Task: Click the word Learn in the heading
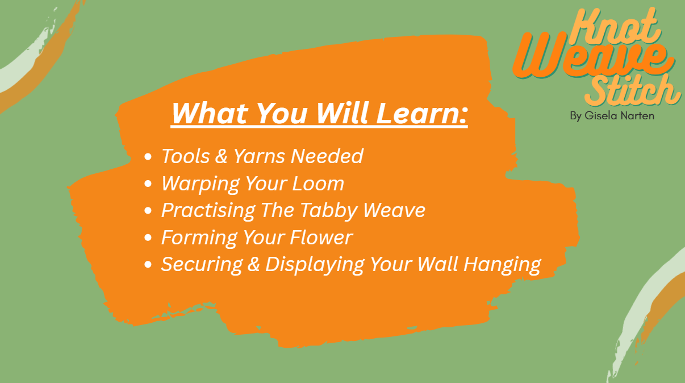tap(422, 113)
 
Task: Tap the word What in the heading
tap(210, 113)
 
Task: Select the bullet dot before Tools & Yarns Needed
tap(148, 157)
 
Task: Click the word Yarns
tap(260, 156)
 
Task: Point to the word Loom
tap(318, 184)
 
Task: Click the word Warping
tap(201, 184)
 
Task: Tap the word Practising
tap(208, 211)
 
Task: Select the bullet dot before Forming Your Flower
tap(148, 238)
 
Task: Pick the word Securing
tap(202, 265)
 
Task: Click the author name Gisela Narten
tap(619, 115)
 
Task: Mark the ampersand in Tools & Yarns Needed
tap(221, 156)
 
